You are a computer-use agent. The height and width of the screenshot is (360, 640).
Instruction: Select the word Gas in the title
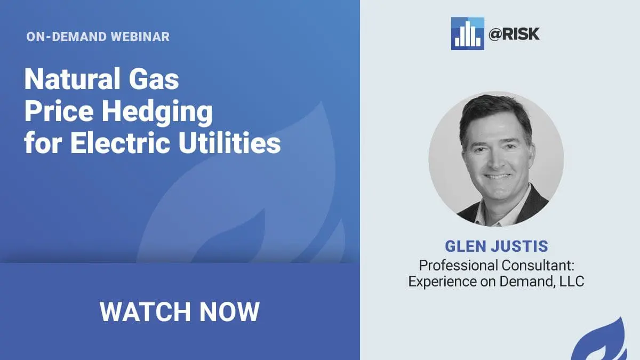pos(154,79)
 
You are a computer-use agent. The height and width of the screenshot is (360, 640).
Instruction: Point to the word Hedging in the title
pos(157,112)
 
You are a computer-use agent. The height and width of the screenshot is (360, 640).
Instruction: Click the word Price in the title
pos(59,111)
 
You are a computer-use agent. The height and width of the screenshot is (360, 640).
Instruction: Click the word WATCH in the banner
pos(145,311)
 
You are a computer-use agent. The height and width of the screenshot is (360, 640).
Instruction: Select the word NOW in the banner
pos(229,311)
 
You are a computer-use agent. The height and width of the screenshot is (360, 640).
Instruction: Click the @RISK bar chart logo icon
pos(467,34)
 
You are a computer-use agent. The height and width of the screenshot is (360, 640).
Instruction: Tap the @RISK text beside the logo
pos(514,34)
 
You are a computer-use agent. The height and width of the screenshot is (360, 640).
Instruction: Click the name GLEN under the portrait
pos(466,246)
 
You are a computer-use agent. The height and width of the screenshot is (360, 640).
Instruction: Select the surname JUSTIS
pos(519,246)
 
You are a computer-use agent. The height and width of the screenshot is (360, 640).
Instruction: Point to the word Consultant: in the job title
pos(538,266)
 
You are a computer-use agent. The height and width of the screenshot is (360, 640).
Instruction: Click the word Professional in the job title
pos(458,266)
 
